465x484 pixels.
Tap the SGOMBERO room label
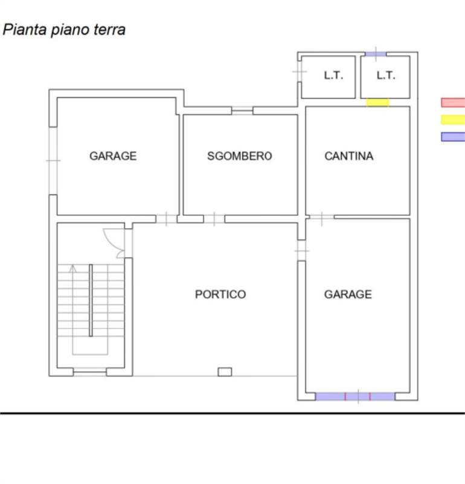(x=239, y=156)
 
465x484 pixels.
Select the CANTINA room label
(x=349, y=156)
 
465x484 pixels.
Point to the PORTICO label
(x=220, y=295)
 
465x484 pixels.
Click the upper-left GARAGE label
(x=113, y=156)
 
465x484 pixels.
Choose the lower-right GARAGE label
(x=348, y=295)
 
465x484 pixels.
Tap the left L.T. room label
(x=333, y=76)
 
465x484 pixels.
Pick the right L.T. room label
(x=385, y=76)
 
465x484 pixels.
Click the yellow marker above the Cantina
(x=378, y=102)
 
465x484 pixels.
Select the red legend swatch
(x=453, y=103)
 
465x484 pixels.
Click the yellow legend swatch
(x=453, y=120)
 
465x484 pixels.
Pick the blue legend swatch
(x=453, y=137)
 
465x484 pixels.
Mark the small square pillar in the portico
(x=225, y=371)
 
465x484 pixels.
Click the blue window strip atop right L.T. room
(x=376, y=54)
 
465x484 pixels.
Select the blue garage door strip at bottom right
(x=355, y=397)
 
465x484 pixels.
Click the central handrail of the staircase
(x=91, y=299)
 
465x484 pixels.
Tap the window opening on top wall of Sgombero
(x=242, y=110)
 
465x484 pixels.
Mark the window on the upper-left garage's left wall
(x=53, y=160)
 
